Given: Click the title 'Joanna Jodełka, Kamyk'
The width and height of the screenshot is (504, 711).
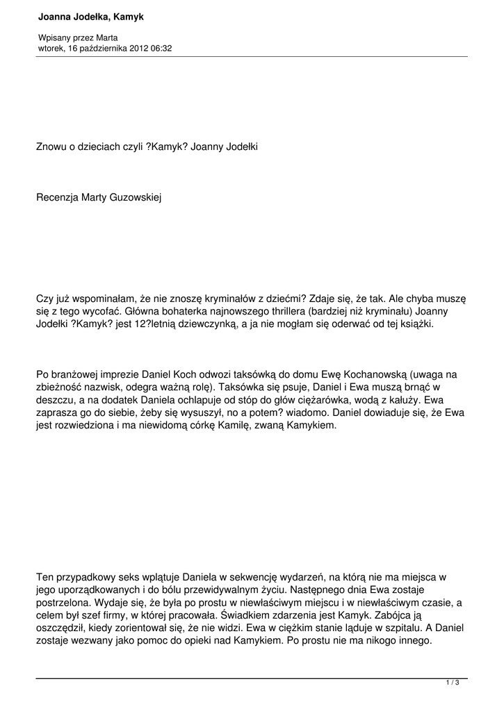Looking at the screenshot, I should click(90, 16).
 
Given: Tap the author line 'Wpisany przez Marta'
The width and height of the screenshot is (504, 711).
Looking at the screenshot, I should click(77, 37).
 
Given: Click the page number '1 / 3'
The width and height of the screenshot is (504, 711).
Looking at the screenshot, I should click(453, 683).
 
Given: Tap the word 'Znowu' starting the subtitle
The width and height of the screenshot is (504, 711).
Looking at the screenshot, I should click(52, 147).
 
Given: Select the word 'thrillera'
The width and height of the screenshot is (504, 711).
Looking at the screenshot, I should click(279, 311).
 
